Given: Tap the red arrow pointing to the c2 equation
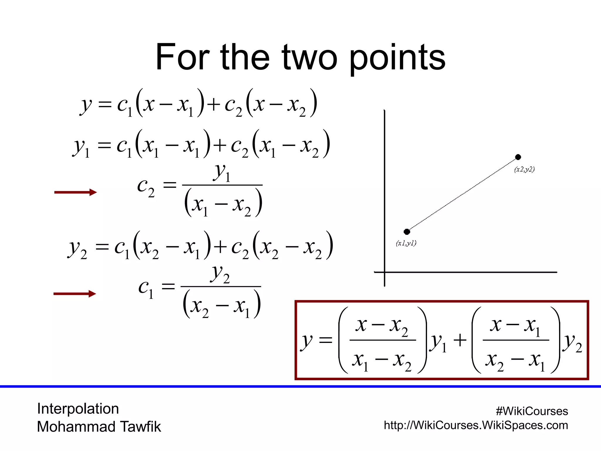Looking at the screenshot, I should click(x=75, y=192).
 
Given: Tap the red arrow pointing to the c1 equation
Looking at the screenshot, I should click(x=75, y=294).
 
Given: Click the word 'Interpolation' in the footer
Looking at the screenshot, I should click(x=78, y=409).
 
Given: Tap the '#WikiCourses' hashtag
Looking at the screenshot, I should click(x=532, y=411).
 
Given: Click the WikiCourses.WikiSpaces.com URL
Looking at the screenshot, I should click(x=476, y=425).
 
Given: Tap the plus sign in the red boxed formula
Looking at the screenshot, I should click(x=460, y=341).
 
